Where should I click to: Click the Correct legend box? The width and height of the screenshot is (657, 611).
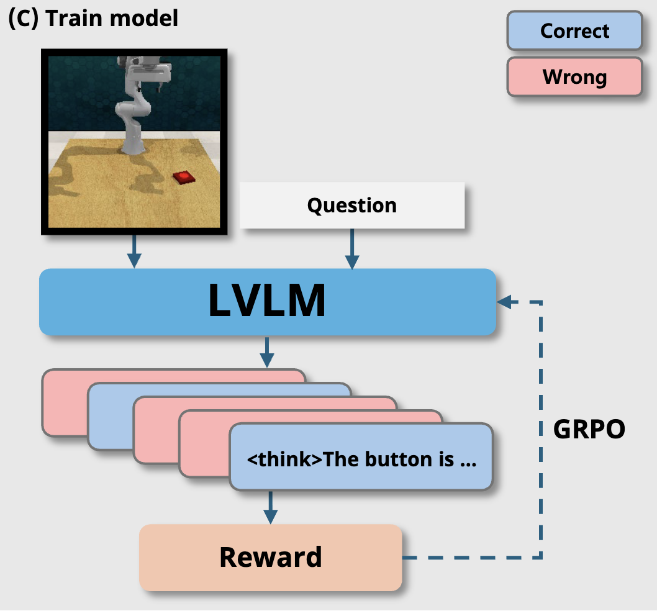(x=574, y=30)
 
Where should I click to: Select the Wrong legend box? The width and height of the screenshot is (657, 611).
(x=574, y=77)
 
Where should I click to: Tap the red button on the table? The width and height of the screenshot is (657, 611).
(x=184, y=177)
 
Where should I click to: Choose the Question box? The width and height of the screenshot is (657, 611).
(x=352, y=206)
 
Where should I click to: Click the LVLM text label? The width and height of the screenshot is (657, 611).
(x=267, y=301)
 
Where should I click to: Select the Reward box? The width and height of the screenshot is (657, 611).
(x=271, y=558)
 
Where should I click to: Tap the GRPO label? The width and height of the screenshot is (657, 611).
(x=589, y=429)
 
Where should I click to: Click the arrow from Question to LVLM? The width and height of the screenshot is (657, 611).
(x=352, y=248)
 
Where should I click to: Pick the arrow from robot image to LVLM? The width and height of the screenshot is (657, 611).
(x=134, y=251)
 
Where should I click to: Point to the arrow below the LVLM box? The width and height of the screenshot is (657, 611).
(x=267, y=352)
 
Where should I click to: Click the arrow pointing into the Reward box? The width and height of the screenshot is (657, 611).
(x=270, y=507)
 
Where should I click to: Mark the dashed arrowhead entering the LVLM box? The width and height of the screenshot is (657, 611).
(x=504, y=301)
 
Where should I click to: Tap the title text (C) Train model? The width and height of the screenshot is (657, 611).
(x=93, y=19)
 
